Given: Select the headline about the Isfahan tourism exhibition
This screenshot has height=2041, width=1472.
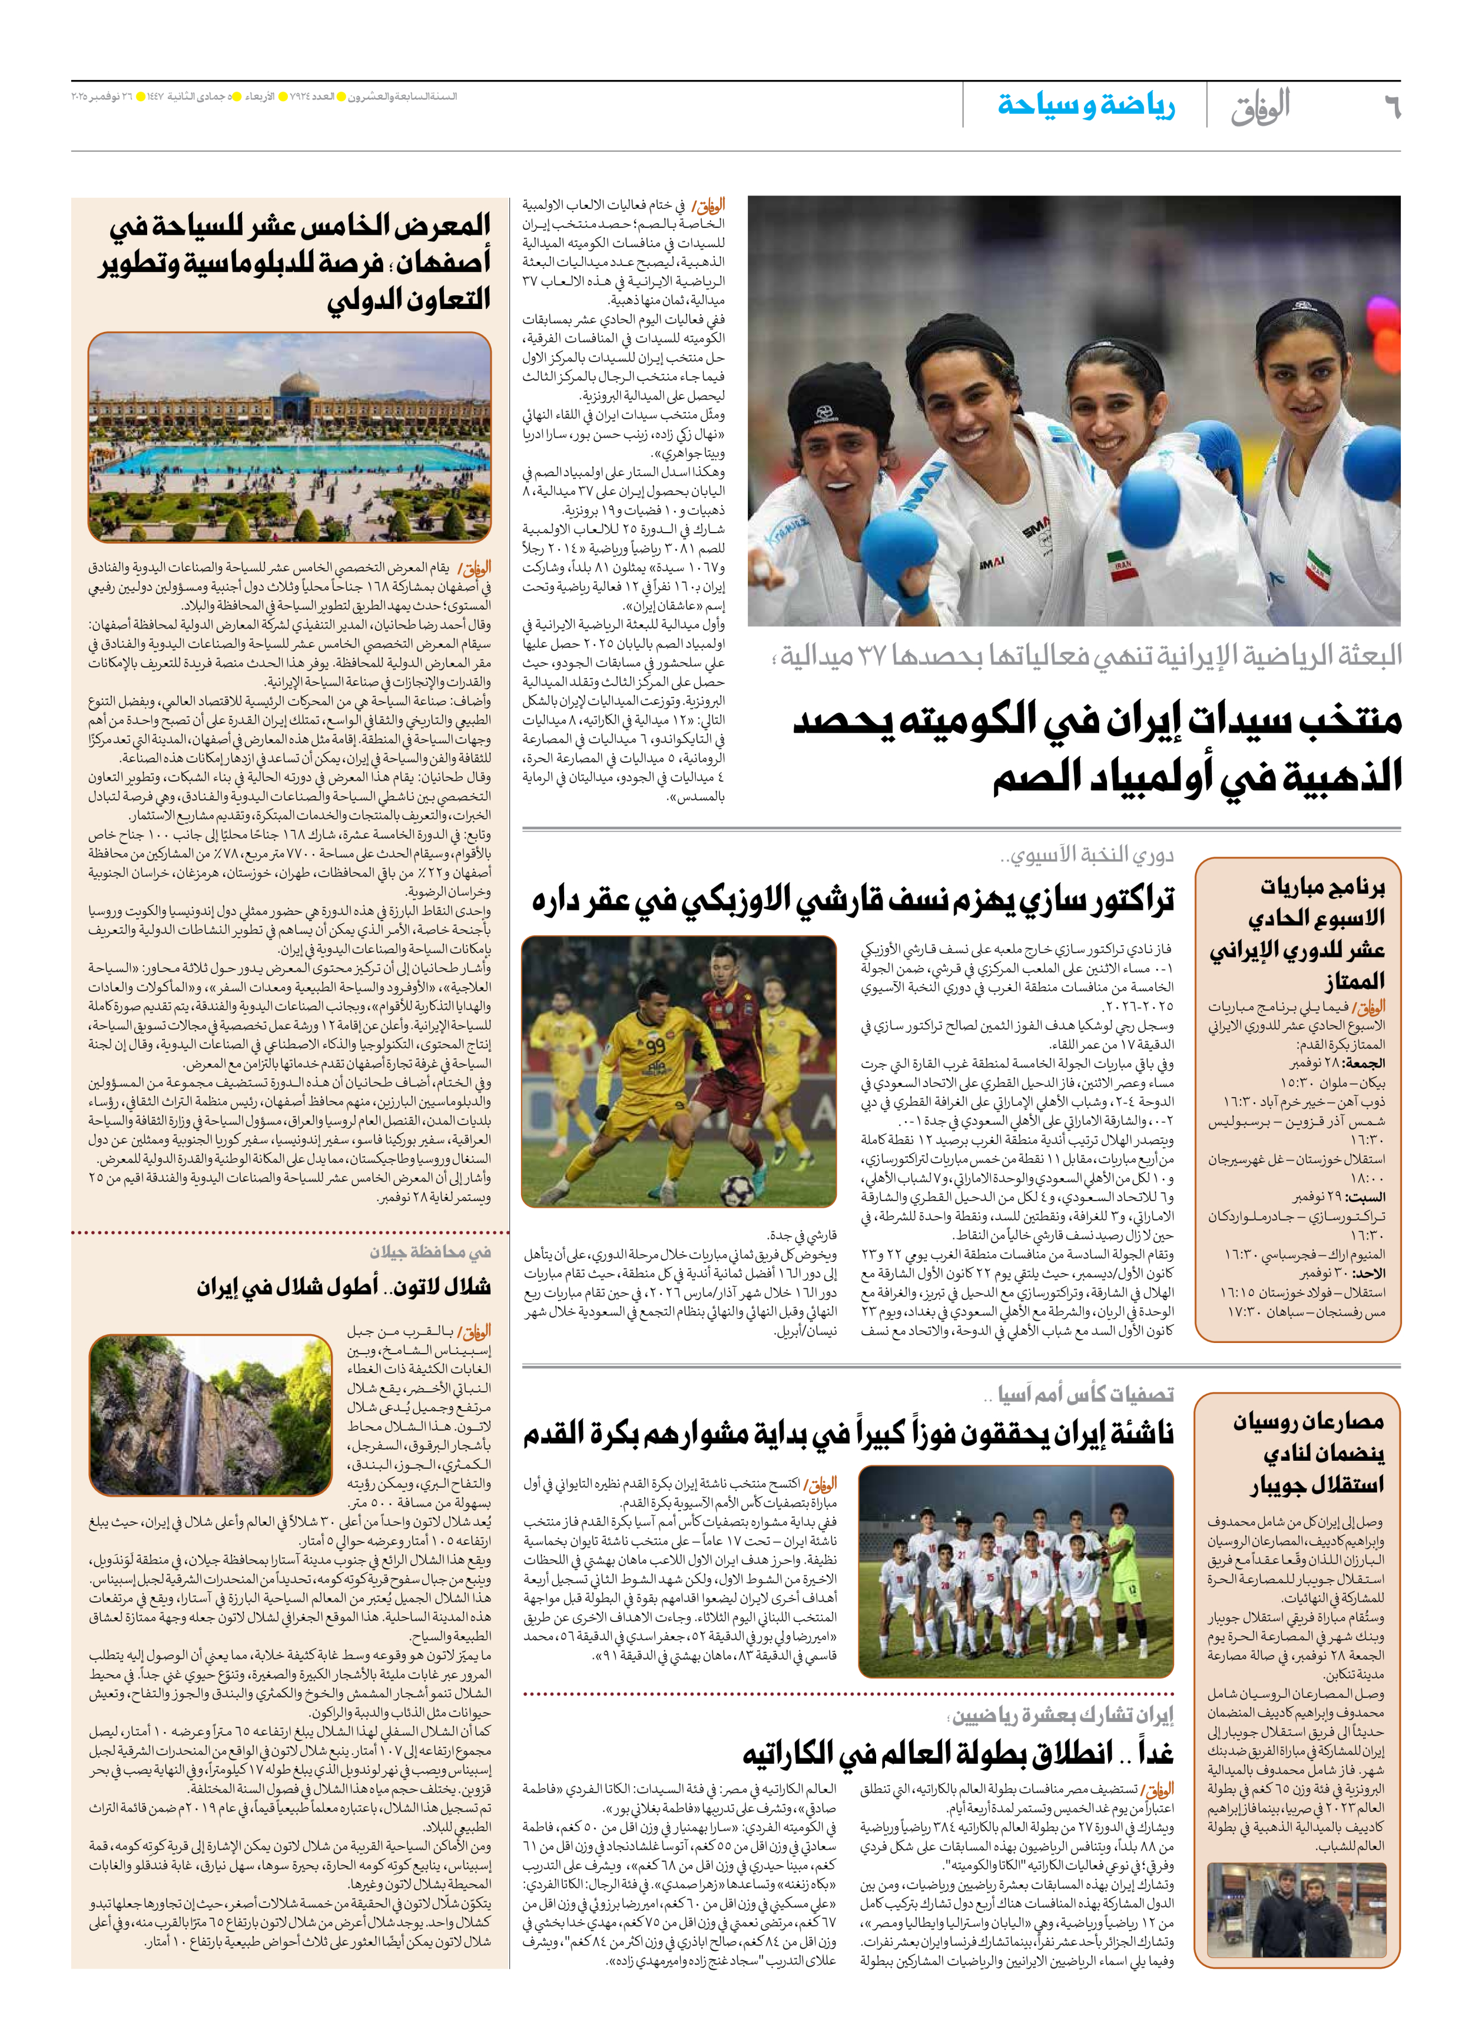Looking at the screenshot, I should (x=297, y=261).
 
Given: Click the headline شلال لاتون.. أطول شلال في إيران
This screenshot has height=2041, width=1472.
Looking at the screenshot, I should (x=344, y=1288).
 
